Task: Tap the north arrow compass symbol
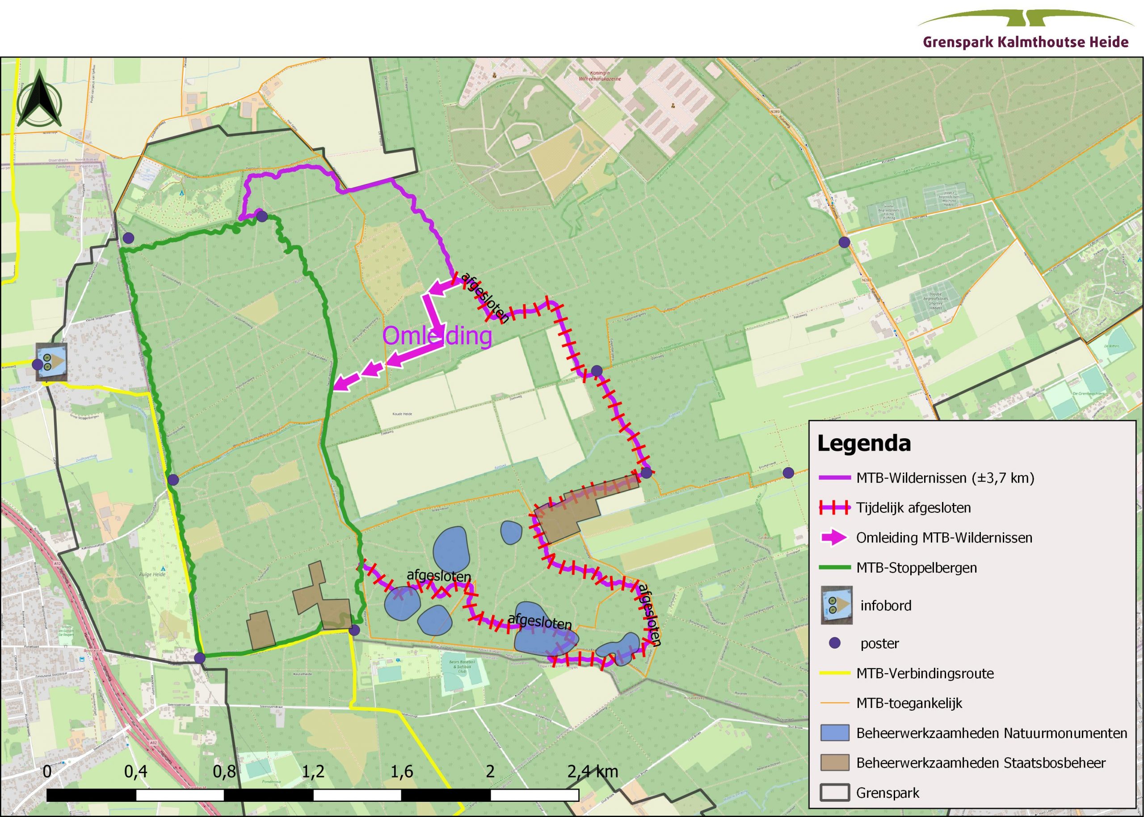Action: coord(39,99)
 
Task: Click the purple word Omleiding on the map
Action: coord(437,335)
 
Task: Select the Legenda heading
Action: coord(864,443)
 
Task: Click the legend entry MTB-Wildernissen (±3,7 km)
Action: coord(945,478)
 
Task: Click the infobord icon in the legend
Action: coord(837,605)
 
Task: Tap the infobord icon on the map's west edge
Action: coord(52,362)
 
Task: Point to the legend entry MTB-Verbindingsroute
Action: coord(925,674)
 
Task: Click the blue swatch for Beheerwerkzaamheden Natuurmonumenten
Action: coord(835,733)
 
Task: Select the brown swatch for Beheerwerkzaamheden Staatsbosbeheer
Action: coord(835,763)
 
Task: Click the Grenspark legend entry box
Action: coord(835,793)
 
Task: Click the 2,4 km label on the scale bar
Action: coord(593,772)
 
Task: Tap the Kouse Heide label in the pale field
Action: coord(402,414)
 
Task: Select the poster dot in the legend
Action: coord(835,643)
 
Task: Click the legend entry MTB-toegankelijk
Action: coord(908,703)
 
